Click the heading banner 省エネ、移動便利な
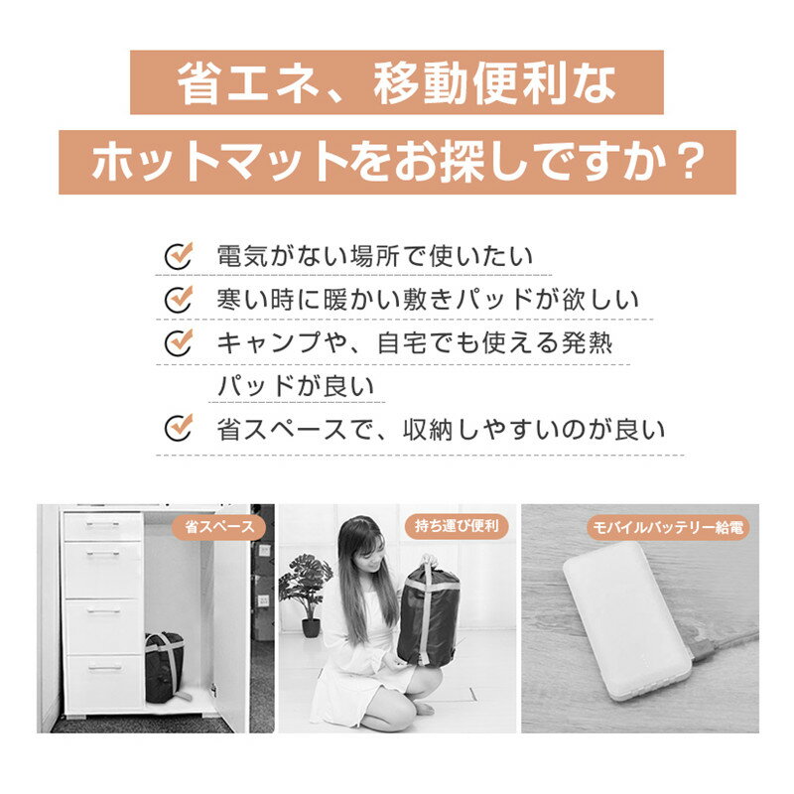pos(396,82)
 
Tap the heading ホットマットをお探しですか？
pos(398,162)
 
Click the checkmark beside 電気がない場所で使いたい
pos(179,255)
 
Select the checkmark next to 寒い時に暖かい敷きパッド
pos(179,299)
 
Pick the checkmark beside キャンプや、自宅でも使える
pos(179,342)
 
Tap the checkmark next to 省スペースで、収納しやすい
pos(179,428)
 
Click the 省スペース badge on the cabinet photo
pos(218,527)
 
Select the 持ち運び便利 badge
pos(457,526)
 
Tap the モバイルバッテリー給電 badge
pos(668,528)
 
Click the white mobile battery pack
pos(627,620)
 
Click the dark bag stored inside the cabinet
pos(165,667)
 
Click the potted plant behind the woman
pos(306,594)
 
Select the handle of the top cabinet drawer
pos(103,525)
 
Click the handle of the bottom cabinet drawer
pos(104,668)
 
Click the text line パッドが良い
pos(296,386)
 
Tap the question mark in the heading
pos(690,162)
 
